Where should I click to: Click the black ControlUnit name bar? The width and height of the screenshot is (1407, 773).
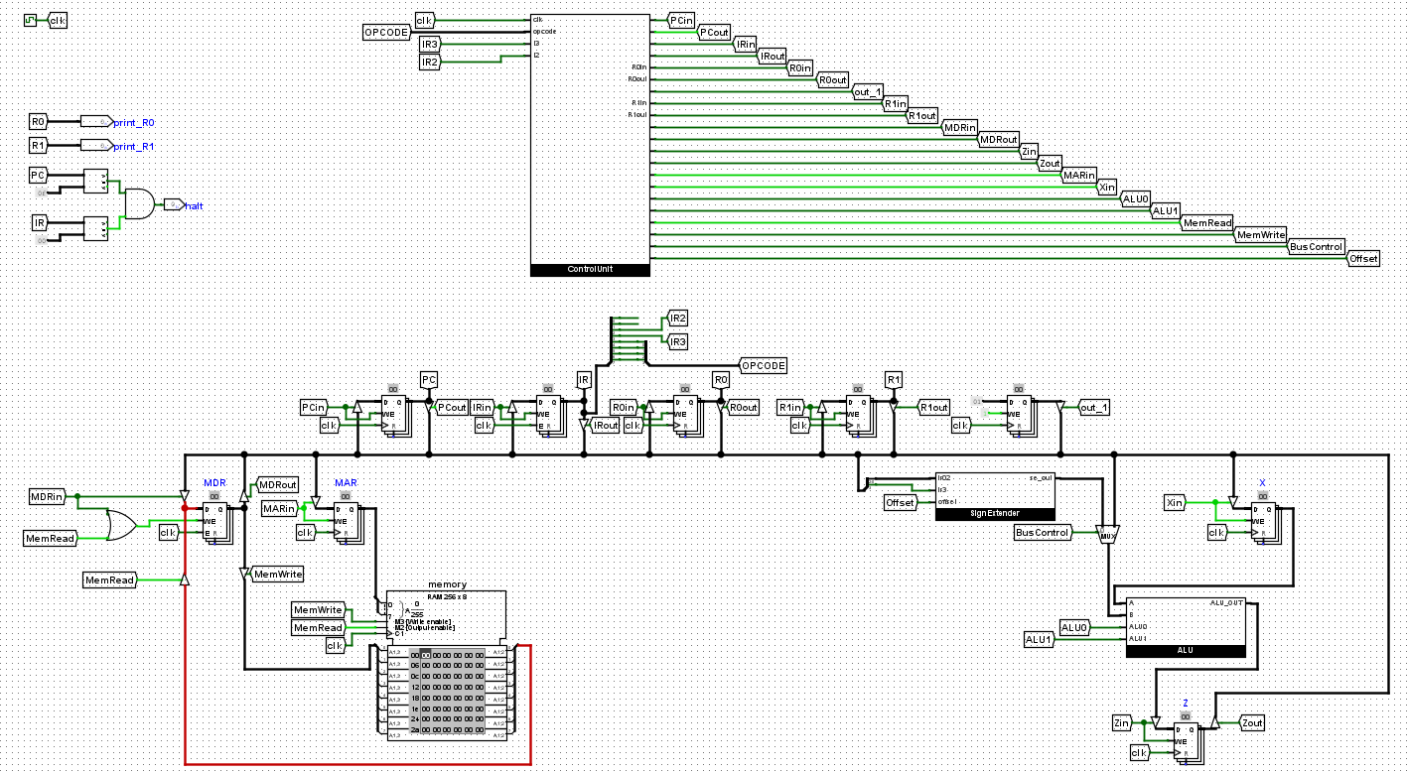click(x=590, y=269)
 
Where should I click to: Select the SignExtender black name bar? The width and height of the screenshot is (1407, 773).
click(x=995, y=514)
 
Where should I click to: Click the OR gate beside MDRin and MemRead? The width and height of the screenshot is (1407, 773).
click(x=120, y=524)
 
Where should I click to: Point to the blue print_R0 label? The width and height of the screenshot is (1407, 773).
click(x=134, y=122)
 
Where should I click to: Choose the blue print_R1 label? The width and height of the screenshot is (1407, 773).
click(x=134, y=146)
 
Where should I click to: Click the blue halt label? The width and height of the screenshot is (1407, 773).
click(x=195, y=205)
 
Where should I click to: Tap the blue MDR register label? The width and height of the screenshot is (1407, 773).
click(x=214, y=482)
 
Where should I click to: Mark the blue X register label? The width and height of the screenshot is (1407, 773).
click(x=1263, y=482)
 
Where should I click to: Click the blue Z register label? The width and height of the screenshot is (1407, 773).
click(x=1185, y=703)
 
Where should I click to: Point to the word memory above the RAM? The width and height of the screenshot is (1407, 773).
click(x=447, y=584)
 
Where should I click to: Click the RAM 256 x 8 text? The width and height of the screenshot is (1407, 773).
click(x=447, y=596)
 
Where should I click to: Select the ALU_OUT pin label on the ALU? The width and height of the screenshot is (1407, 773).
click(x=1225, y=603)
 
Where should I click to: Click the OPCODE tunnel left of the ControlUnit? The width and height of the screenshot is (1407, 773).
click(x=387, y=34)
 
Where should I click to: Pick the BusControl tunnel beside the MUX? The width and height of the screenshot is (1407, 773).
click(x=1043, y=533)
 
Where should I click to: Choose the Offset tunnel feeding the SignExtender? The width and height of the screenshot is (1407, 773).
click(x=900, y=503)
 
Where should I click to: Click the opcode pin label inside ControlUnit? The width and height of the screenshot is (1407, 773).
click(x=544, y=31)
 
